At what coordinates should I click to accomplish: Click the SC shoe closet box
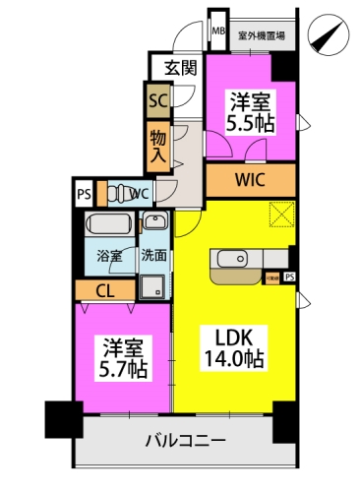(x=157, y=98)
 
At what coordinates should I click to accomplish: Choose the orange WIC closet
(x=250, y=179)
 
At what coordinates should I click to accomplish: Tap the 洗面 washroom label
(x=153, y=256)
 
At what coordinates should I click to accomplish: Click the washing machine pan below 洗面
(x=153, y=286)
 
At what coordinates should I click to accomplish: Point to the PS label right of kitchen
(x=289, y=277)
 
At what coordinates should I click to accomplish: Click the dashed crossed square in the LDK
(x=283, y=214)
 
